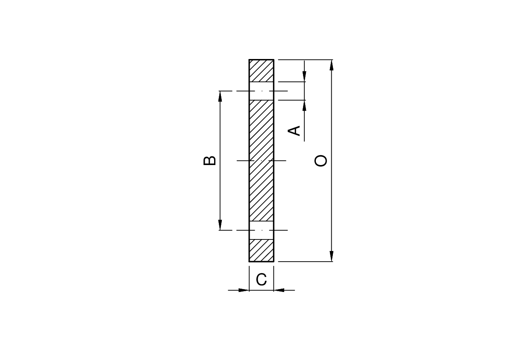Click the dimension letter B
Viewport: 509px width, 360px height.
[x=209, y=160]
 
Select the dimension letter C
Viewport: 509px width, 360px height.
[x=261, y=280]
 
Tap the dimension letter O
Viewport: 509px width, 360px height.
[x=321, y=161]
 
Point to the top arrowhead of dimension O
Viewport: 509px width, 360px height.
[x=332, y=65]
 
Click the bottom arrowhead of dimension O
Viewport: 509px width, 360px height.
[x=332, y=256]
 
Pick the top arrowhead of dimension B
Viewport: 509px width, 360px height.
[x=220, y=96]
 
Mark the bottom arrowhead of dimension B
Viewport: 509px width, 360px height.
[x=220, y=225]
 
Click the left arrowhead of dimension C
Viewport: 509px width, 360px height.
[x=244, y=290]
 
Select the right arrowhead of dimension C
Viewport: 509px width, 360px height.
[x=279, y=290]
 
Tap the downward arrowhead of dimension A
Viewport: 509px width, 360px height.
[x=304, y=77]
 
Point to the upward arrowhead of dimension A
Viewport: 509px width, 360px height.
[x=304, y=105]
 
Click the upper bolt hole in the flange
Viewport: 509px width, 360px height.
[x=261, y=91]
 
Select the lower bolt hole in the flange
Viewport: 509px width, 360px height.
[x=261, y=230]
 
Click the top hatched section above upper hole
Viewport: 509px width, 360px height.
[x=261, y=71]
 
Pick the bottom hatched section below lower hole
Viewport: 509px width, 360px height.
[x=261, y=250]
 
